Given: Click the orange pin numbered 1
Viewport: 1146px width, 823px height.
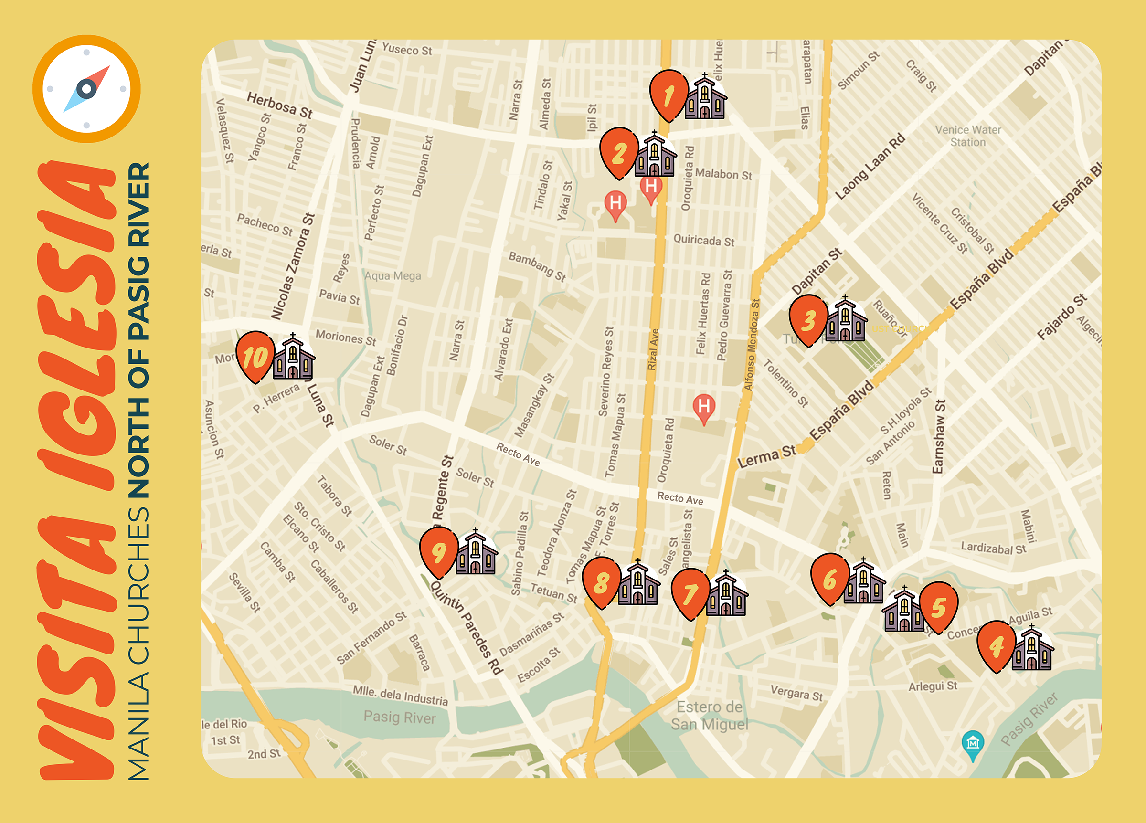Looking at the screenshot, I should [668, 95].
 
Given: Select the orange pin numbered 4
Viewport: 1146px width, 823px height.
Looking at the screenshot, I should [996, 645].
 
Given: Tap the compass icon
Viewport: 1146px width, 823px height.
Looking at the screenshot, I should [86, 89].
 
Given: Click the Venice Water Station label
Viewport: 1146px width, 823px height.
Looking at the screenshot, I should [967, 136].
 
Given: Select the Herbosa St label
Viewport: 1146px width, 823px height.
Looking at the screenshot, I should [279, 105].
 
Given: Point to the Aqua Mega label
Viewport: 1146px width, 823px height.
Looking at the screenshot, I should [393, 276].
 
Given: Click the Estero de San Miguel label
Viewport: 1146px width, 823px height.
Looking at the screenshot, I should [709, 716].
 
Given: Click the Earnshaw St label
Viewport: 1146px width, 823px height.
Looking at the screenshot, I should [938, 436].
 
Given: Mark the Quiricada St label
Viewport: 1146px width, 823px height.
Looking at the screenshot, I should [704, 240].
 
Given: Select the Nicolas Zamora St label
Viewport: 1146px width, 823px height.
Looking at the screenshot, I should [293, 266].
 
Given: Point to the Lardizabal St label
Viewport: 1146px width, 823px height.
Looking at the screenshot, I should [993, 548].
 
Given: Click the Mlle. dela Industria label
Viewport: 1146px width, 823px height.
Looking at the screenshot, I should [400, 695].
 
